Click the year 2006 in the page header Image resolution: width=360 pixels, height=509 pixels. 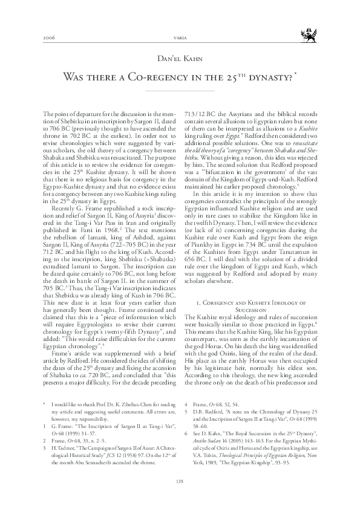click(x=49, y=37)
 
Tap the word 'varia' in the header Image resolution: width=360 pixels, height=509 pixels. click(x=180, y=37)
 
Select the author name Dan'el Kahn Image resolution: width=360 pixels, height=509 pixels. click(x=180, y=60)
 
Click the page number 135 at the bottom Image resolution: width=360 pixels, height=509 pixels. click(x=180, y=481)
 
